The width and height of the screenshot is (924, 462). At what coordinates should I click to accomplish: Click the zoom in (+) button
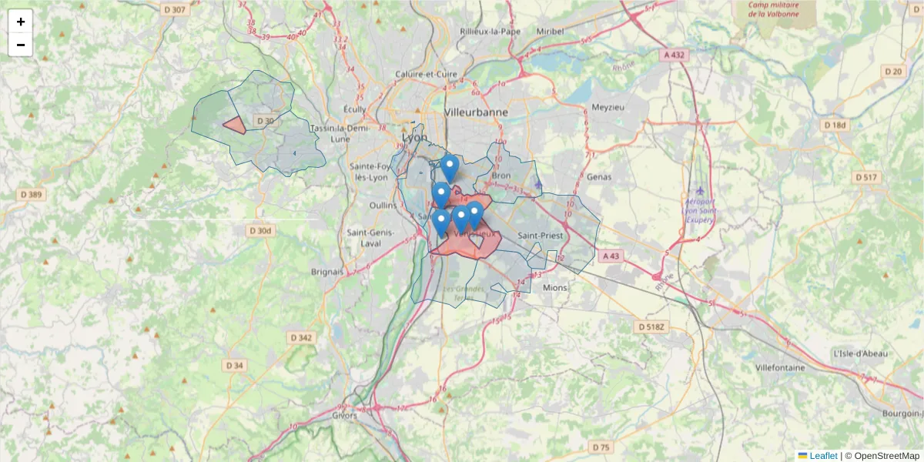click(21, 22)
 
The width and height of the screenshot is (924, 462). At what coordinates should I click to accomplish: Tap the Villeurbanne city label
click(476, 112)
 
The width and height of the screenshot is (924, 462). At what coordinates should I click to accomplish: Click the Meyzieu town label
click(608, 107)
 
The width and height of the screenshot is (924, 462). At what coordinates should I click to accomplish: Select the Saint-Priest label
click(541, 235)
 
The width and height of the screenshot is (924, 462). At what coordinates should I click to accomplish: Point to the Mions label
click(554, 287)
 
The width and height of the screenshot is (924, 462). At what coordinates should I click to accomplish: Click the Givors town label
click(345, 415)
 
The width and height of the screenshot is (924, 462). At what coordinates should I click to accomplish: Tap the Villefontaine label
click(780, 367)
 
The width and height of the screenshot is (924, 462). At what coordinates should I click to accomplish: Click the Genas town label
click(598, 176)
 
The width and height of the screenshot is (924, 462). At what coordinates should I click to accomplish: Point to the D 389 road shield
click(32, 194)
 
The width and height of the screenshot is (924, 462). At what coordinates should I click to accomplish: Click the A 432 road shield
click(673, 55)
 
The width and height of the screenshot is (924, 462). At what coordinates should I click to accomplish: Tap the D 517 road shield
click(865, 178)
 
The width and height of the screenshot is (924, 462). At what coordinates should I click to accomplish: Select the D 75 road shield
click(601, 447)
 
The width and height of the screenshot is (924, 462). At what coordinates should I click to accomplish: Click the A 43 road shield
click(611, 255)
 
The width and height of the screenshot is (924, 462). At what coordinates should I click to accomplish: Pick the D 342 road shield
click(301, 337)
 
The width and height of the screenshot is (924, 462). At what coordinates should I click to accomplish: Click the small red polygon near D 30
click(234, 126)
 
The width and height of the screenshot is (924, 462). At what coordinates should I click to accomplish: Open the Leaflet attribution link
click(822, 456)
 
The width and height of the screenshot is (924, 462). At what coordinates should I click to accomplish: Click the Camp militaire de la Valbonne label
click(772, 9)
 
